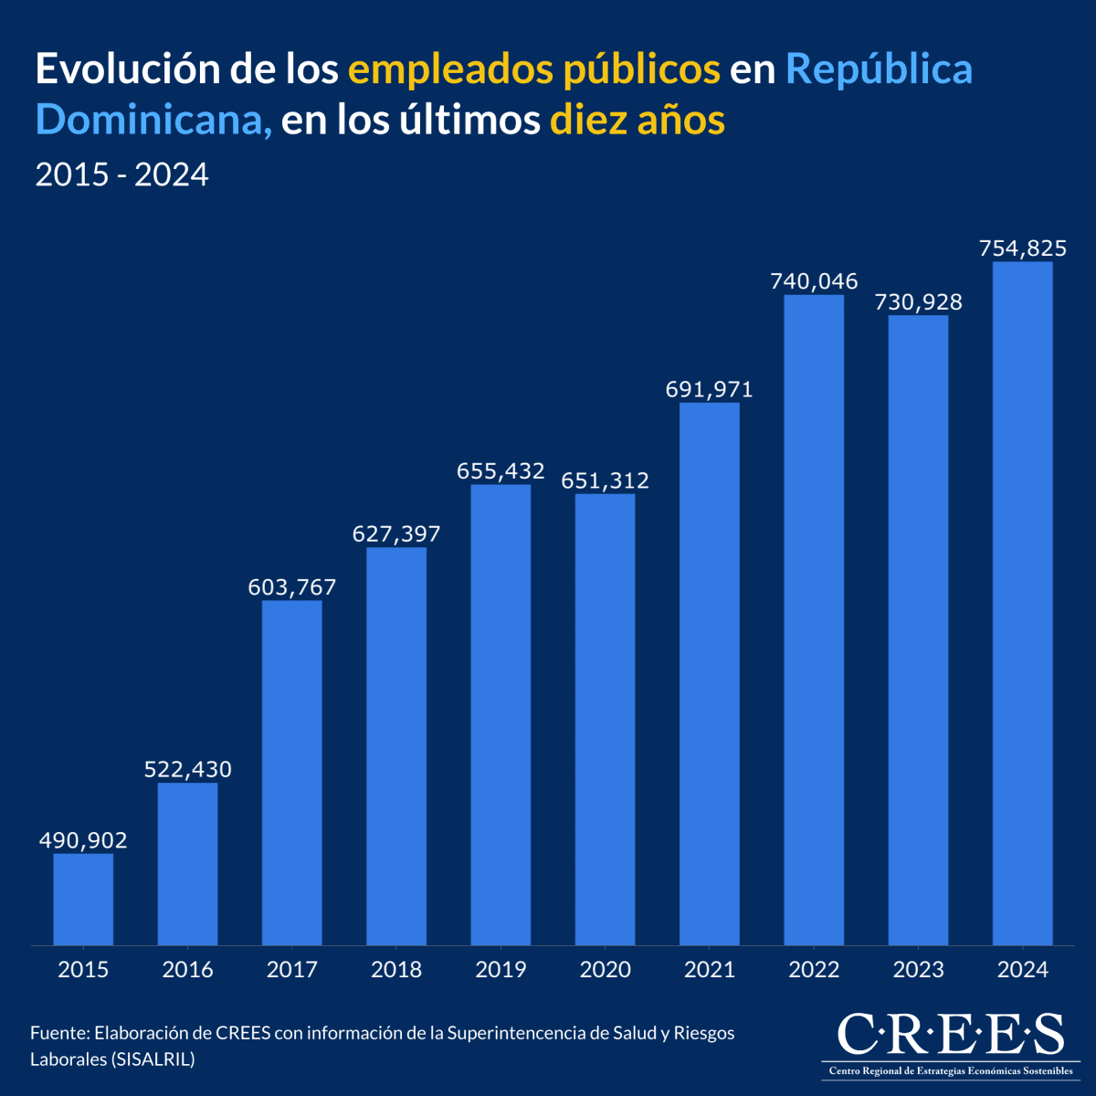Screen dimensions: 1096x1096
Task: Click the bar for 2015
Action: [x=83, y=899]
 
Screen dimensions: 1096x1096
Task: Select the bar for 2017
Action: [x=292, y=772]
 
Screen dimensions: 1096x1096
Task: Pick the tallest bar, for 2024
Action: [x=1022, y=603]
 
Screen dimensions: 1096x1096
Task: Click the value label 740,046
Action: [x=814, y=281]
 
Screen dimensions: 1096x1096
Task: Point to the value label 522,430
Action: [x=187, y=770]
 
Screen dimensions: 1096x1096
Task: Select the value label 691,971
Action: [x=710, y=390]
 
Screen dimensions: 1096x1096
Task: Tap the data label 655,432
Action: [x=501, y=472]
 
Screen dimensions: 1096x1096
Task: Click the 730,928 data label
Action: [x=918, y=302]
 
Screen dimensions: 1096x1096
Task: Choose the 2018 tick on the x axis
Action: [x=396, y=970]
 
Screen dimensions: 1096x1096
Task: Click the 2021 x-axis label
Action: [x=710, y=970]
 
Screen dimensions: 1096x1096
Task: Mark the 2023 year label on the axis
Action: [x=918, y=970]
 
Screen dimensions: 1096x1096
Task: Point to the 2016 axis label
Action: [x=187, y=970]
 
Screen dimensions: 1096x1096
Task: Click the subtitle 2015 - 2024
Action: [x=121, y=174]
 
